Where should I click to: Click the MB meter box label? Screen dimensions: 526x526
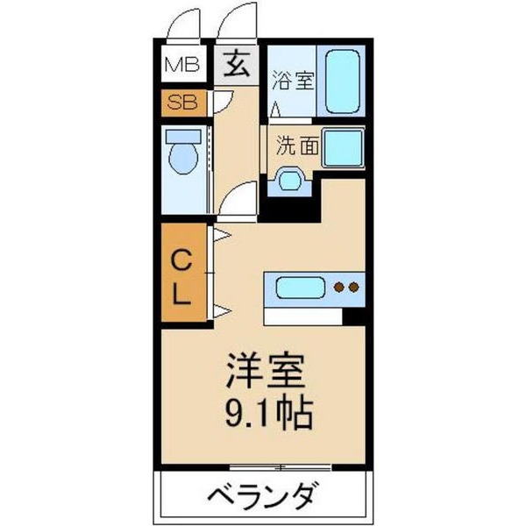coord(183,64)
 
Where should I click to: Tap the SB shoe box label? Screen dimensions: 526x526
coord(183,102)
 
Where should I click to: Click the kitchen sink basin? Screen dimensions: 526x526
coord(301,287)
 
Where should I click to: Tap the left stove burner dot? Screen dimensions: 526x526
coord(339,287)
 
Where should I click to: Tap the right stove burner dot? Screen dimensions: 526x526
coord(354,287)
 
